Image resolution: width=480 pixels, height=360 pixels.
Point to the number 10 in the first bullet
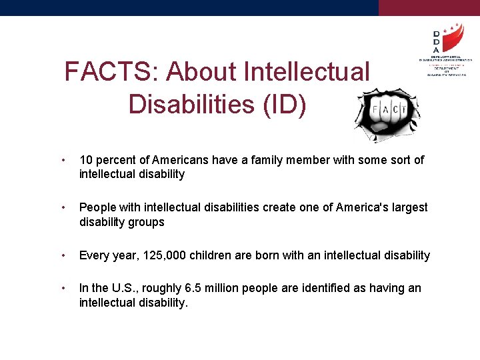(86, 160)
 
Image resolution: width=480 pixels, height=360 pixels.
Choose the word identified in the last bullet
(324, 288)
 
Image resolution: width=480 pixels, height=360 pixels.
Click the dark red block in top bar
(429, 7)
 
